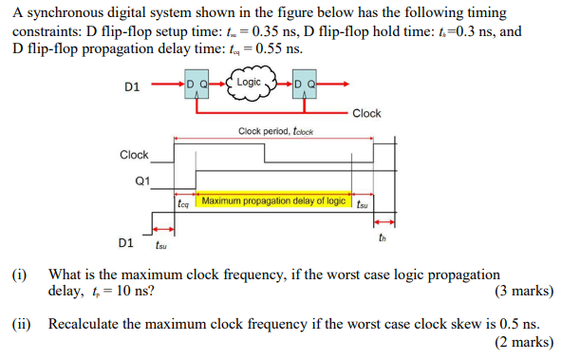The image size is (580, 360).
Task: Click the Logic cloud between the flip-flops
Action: click(x=250, y=83)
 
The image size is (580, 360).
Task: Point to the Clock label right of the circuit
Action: click(x=366, y=113)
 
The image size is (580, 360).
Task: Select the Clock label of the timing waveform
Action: click(x=134, y=155)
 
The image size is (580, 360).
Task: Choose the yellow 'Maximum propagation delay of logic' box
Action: click(x=273, y=201)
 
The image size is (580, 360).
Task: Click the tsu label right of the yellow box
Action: click(x=363, y=201)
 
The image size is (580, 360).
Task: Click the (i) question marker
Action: click(x=19, y=273)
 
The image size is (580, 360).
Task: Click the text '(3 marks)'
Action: click(x=525, y=291)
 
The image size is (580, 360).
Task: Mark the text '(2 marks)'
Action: click(x=525, y=341)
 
